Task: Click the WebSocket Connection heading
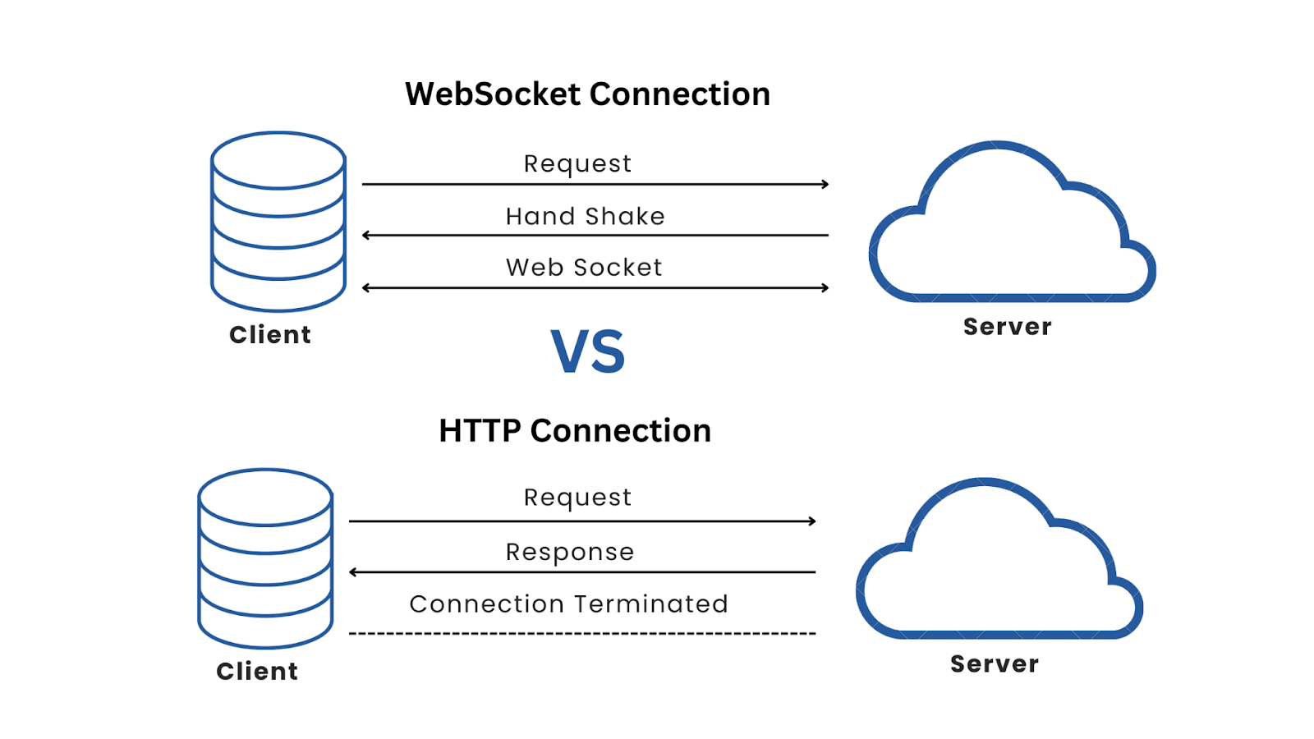(x=587, y=94)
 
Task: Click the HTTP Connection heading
(x=575, y=431)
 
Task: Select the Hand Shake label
(x=585, y=216)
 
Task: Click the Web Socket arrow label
(x=584, y=268)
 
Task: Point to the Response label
(x=570, y=552)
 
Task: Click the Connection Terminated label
(x=568, y=604)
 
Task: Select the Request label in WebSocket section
(x=577, y=163)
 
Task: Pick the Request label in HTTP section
(x=577, y=498)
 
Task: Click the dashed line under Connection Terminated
(x=581, y=634)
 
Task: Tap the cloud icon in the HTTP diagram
(x=998, y=567)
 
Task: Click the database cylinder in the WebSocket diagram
(x=278, y=222)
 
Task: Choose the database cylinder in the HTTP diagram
(x=265, y=558)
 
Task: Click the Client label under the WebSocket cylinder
(x=270, y=335)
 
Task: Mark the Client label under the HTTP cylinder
(x=257, y=672)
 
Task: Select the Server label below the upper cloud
(x=1007, y=327)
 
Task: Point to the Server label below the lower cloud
(x=995, y=664)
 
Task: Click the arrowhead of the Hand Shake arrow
(x=365, y=236)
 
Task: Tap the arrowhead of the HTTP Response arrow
(x=352, y=572)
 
